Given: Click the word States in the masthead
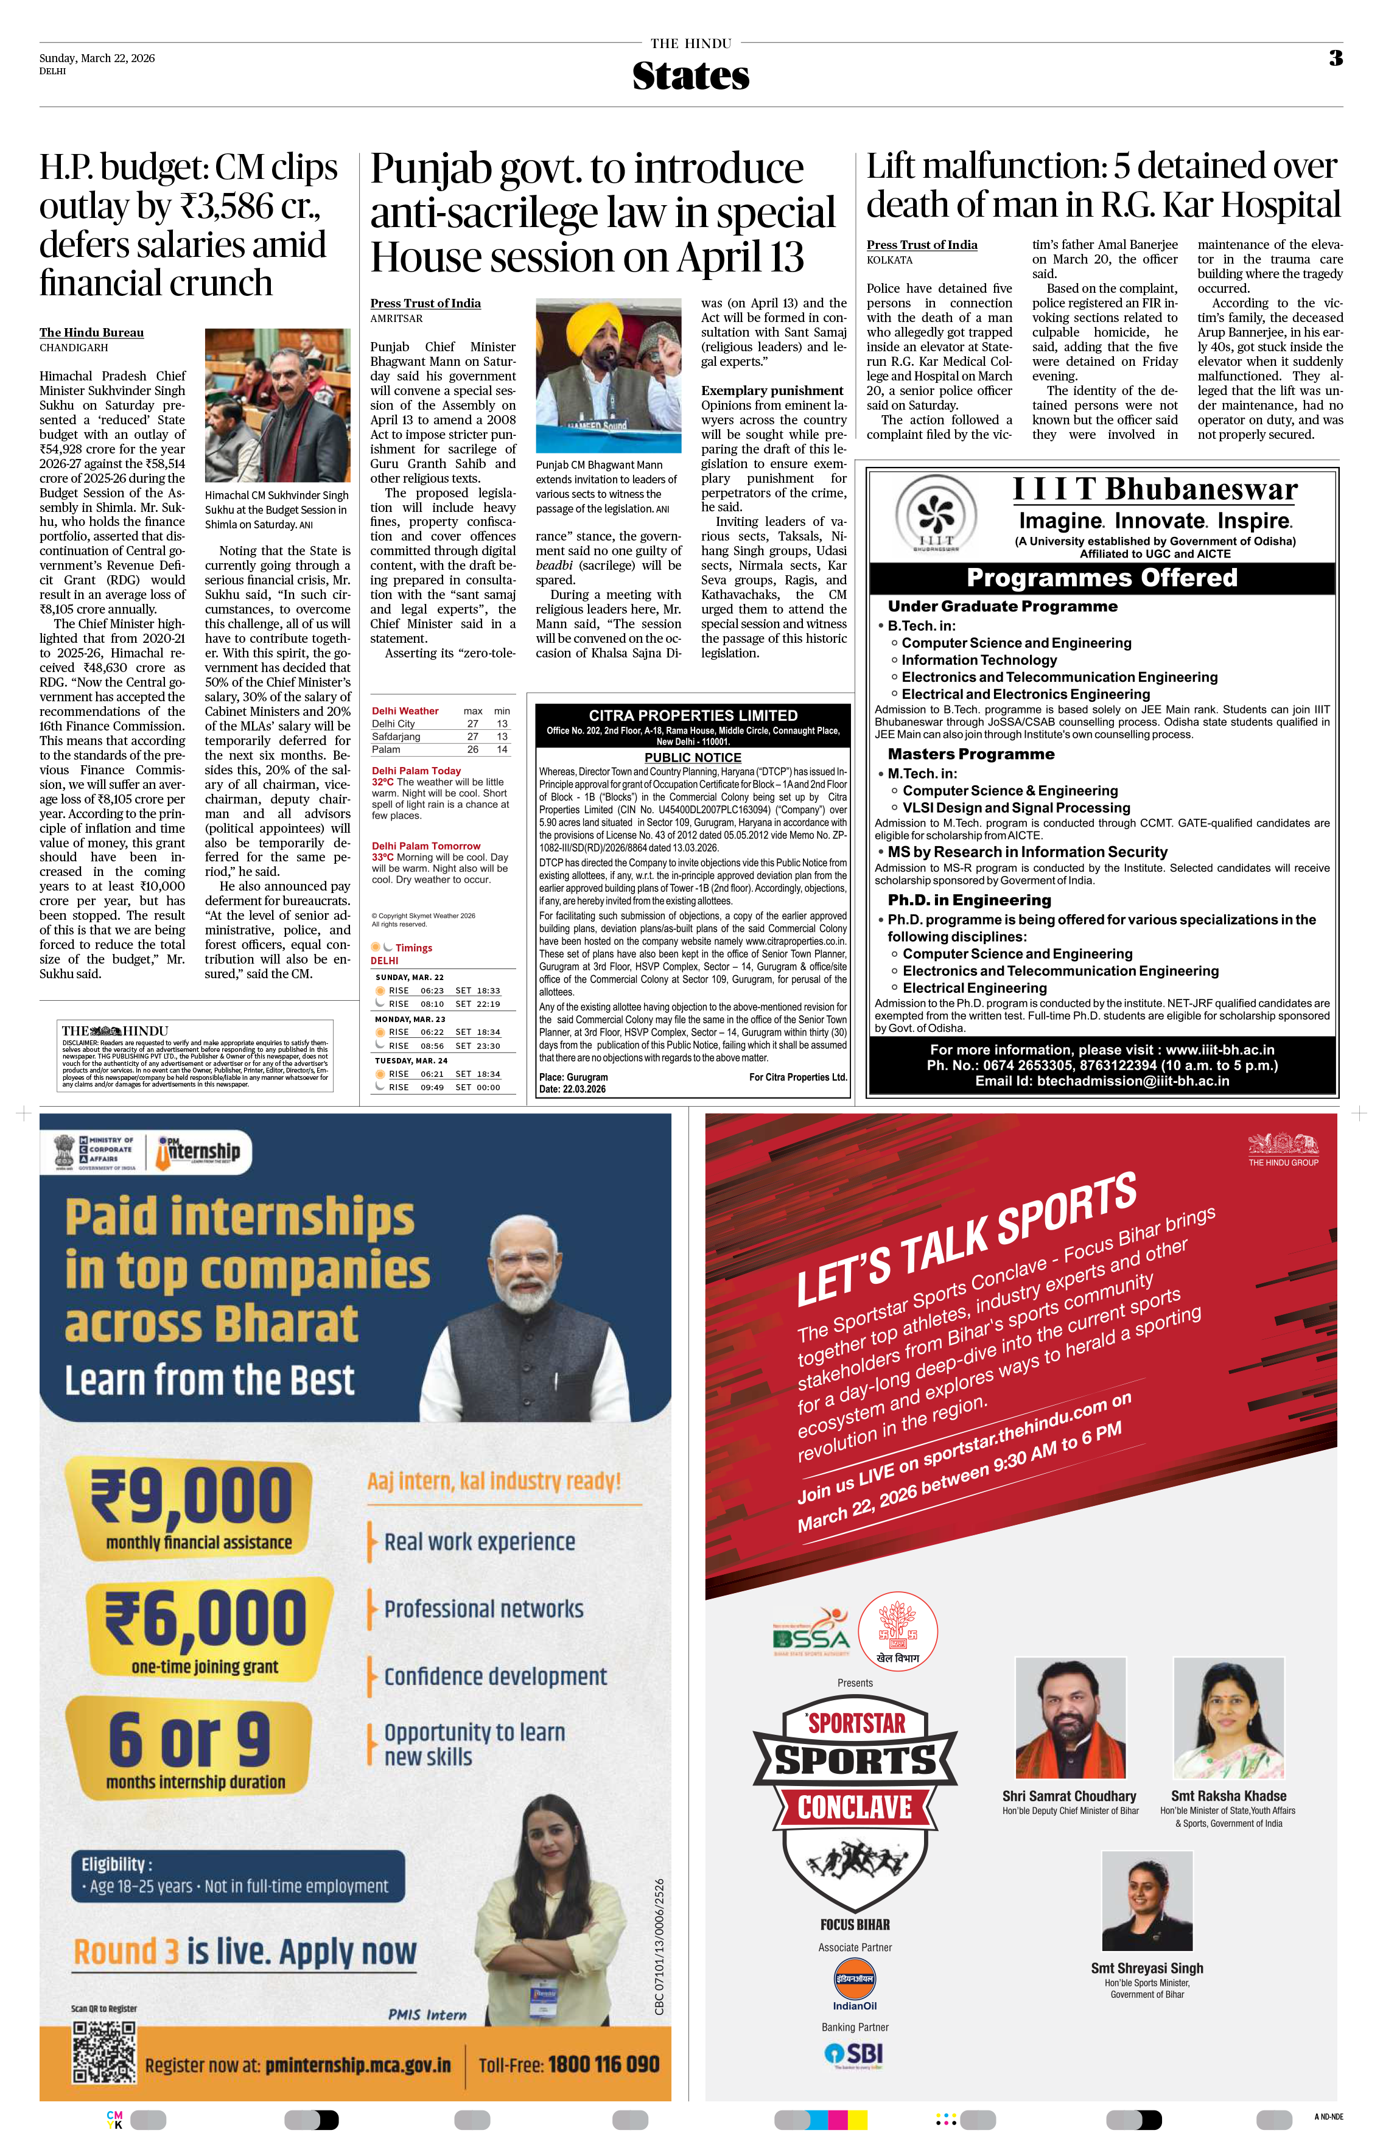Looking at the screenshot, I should [690, 76].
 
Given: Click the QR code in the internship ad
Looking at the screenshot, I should [104, 2051].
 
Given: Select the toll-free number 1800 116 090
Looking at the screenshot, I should [604, 2065].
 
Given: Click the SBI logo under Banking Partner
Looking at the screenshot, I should [854, 2054].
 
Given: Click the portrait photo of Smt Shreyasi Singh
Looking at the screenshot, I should [1147, 1900].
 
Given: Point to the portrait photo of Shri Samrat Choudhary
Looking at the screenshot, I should [1070, 1717].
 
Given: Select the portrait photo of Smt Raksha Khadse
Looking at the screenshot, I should [1229, 1717].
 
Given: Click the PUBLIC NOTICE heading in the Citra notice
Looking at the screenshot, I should [693, 757].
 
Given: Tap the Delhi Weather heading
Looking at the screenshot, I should [405, 711].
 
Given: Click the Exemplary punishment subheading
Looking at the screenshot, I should [772, 391].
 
